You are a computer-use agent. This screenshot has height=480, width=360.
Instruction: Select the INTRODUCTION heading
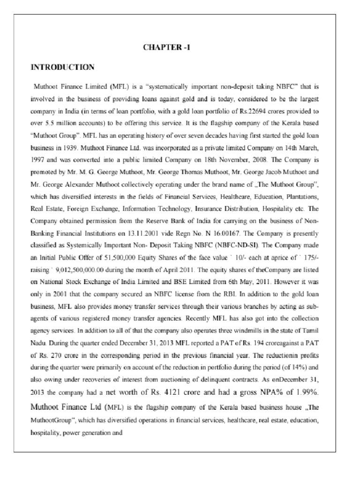coord(63,67)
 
